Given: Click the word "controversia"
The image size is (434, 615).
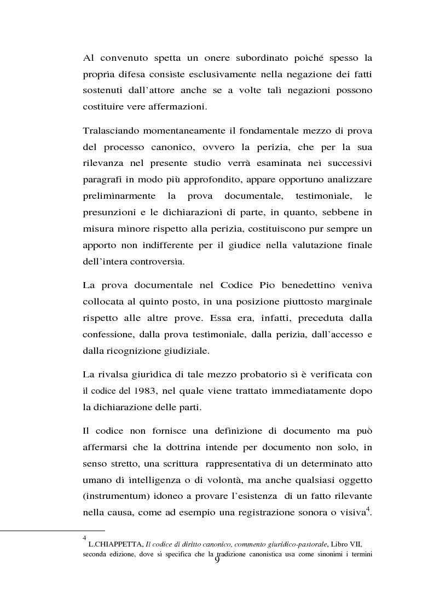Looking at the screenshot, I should (x=156, y=261).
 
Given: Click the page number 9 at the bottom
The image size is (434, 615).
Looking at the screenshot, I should (x=217, y=558).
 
